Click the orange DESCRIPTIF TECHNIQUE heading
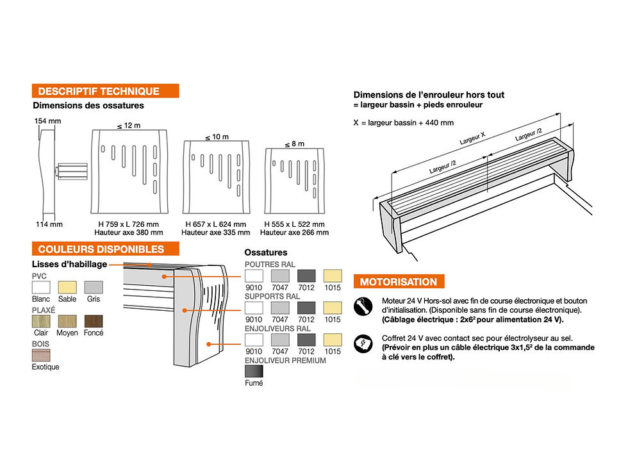105,91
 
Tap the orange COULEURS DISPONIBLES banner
105,249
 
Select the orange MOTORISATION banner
399,281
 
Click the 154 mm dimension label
47,121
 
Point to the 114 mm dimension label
49,224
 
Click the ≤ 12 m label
129,126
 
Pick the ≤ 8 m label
295,144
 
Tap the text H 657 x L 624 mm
215,224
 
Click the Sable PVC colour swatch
67,287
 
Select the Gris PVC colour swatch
94,287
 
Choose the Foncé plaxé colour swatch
94,321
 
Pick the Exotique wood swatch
41,355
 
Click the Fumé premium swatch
254,371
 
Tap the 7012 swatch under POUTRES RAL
306,276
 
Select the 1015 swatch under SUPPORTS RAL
333,308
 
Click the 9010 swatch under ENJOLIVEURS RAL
254,340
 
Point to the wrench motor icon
363,307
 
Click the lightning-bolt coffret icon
363,343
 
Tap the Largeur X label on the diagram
473,138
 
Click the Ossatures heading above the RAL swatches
266,252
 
